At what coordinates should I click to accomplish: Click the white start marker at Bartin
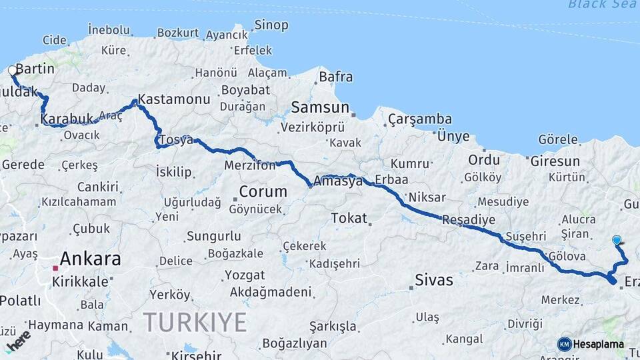pyautogui.click(x=12, y=70)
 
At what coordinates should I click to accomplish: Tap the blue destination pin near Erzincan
pyautogui.click(x=617, y=240)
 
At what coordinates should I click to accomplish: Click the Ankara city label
pyautogui.click(x=90, y=259)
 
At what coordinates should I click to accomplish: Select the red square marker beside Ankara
pyautogui.click(x=56, y=269)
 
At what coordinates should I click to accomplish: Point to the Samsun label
pyautogui.click(x=320, y=107)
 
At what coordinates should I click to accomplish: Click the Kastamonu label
pyautogui.click(x=174, y=99)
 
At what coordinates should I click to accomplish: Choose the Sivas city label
pyautogui.click(x=433, y=279)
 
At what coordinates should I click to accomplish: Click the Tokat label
pyautogui.click(x=349, y=218)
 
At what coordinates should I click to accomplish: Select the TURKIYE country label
pyautogui.click(x=195, y=323)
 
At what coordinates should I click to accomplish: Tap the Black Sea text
pyautogui.click(x=603, y=5)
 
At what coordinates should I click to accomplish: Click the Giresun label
pyautogui.click(x=555, y=161)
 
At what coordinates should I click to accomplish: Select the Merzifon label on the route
pyautogui.click(x=249, y=165)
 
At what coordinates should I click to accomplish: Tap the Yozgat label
pyautogui.click(x=244, y=275)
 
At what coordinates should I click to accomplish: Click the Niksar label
pyautogui.click(x=426, y=197)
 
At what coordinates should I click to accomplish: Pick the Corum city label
pyautogui.click(x=263, y=192)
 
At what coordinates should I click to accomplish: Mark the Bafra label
pyautogui.click(x=335, y=77)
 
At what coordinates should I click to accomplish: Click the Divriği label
pyautogui.click(x=507, y=323)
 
